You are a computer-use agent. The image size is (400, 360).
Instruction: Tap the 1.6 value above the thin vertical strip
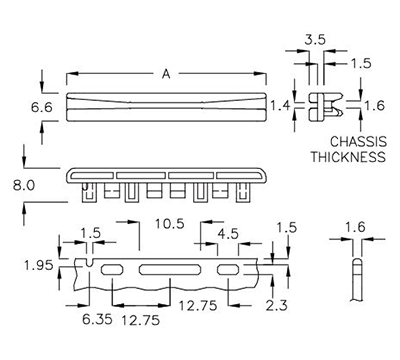click(x=356, y=227)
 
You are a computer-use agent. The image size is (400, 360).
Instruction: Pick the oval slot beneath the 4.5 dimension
click(x=228, y=270)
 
